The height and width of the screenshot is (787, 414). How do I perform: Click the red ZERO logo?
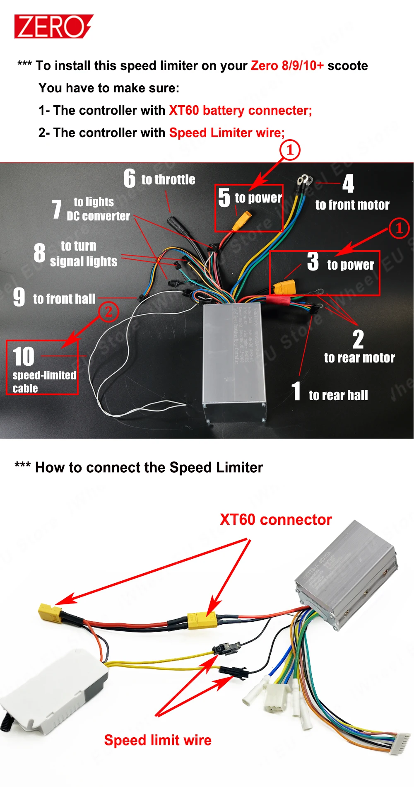53,27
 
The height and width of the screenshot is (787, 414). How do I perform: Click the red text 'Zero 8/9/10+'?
287,66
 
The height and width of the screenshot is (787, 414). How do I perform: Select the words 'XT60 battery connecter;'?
240,111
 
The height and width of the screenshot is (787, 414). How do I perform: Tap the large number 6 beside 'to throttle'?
130,179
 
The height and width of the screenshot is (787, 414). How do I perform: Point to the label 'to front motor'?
352,205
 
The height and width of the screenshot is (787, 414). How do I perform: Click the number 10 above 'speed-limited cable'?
24,357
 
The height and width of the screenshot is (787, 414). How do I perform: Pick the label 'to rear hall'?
338,396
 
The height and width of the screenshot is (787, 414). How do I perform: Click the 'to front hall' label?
64,299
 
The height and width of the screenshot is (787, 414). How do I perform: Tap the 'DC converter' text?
99,216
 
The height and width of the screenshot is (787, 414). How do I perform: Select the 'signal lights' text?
84,262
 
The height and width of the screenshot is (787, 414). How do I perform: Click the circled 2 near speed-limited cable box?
108,311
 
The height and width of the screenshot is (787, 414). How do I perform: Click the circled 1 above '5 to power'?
290,150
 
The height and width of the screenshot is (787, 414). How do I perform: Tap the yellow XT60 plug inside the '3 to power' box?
284,287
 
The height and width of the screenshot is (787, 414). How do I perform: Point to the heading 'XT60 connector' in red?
276,520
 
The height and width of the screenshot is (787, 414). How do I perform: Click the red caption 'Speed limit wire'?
158,740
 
